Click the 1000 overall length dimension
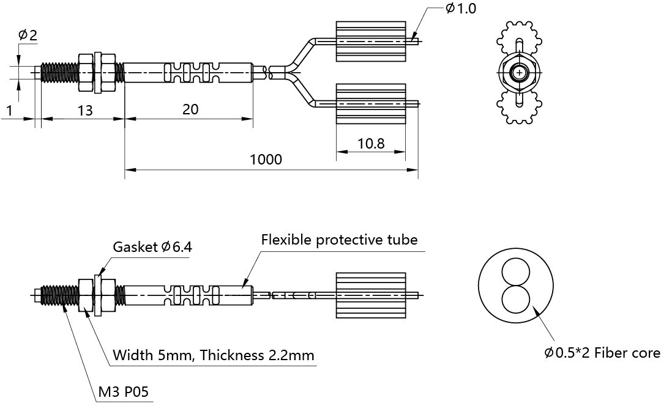[266, 160]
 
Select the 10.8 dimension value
[371, 144]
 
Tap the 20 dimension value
[190, 109]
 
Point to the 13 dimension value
[85, 110]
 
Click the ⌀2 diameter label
[28, 35]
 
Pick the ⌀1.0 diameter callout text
[460, 9]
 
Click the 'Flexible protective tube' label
[339, 239]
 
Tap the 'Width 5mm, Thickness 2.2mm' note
[214, 355]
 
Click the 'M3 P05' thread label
[124, 392]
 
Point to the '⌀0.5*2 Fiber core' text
[602, 353]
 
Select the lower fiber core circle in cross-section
[515, 298]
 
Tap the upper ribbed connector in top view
[371, 42]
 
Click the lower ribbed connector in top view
[371, 103]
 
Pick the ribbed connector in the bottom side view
[371, 295]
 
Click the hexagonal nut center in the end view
[519, 73]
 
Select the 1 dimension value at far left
[9, 110]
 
